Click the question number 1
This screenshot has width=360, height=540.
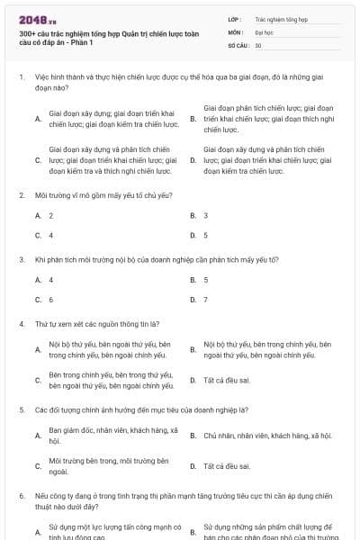[22, 77]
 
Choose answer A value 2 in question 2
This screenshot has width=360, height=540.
[50, 215]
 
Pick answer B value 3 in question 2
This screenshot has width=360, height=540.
[205, 215]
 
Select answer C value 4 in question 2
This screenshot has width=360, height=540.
[50, 235]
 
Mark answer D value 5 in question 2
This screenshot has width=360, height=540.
[205, 235]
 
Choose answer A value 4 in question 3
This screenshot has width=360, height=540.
[50, 280]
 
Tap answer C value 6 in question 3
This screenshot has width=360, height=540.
[50, 300]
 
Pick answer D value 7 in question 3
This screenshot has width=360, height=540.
[205, 300]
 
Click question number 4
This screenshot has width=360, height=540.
[22, 323]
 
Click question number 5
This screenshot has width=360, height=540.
[22, 409]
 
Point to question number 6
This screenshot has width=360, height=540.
[22, 496]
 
